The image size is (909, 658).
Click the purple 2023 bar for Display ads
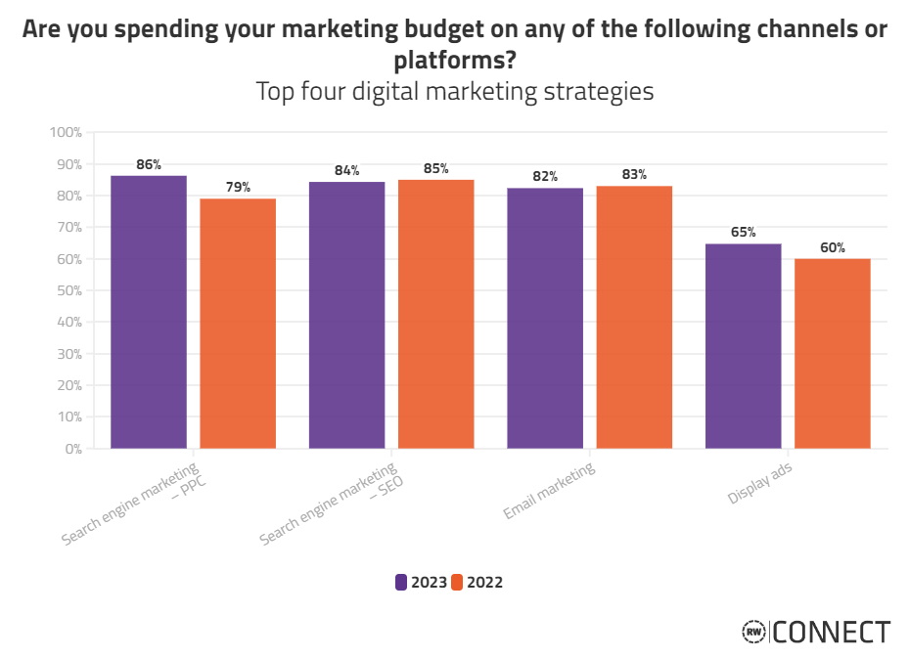click(743, 346)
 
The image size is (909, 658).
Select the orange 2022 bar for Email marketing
click(634, 317)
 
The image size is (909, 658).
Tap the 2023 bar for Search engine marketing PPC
click(149, 312)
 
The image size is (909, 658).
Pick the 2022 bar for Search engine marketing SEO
click(435, 314)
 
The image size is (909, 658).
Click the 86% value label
click(149, 165)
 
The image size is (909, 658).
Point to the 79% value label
click(239, 187)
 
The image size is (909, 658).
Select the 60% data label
click(833, 247)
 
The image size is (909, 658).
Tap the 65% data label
click(743, 233)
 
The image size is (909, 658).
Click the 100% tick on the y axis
click(66, 132)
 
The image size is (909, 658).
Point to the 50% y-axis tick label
click(68, 290)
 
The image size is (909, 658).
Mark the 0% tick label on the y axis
click(71, 449)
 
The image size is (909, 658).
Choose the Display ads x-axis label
click(760, 484)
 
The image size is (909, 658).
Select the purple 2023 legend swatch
click(401, 582)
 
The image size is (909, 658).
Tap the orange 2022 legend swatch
click(457, 582)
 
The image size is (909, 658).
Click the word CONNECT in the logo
click(832, 633)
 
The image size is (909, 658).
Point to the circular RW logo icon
click(753, 633)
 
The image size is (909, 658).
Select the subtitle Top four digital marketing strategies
click(454, 92)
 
